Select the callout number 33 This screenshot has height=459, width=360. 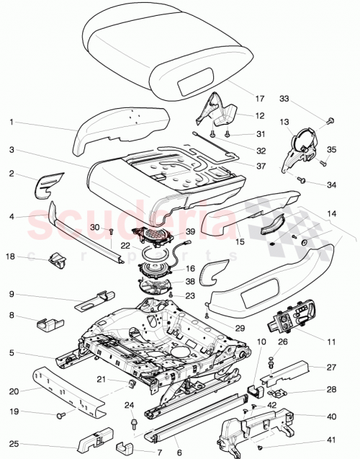pos(284,98)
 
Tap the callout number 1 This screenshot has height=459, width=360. pos(12,122)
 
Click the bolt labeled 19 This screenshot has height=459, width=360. pos(60,415)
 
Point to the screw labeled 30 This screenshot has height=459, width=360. pos(112,232)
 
